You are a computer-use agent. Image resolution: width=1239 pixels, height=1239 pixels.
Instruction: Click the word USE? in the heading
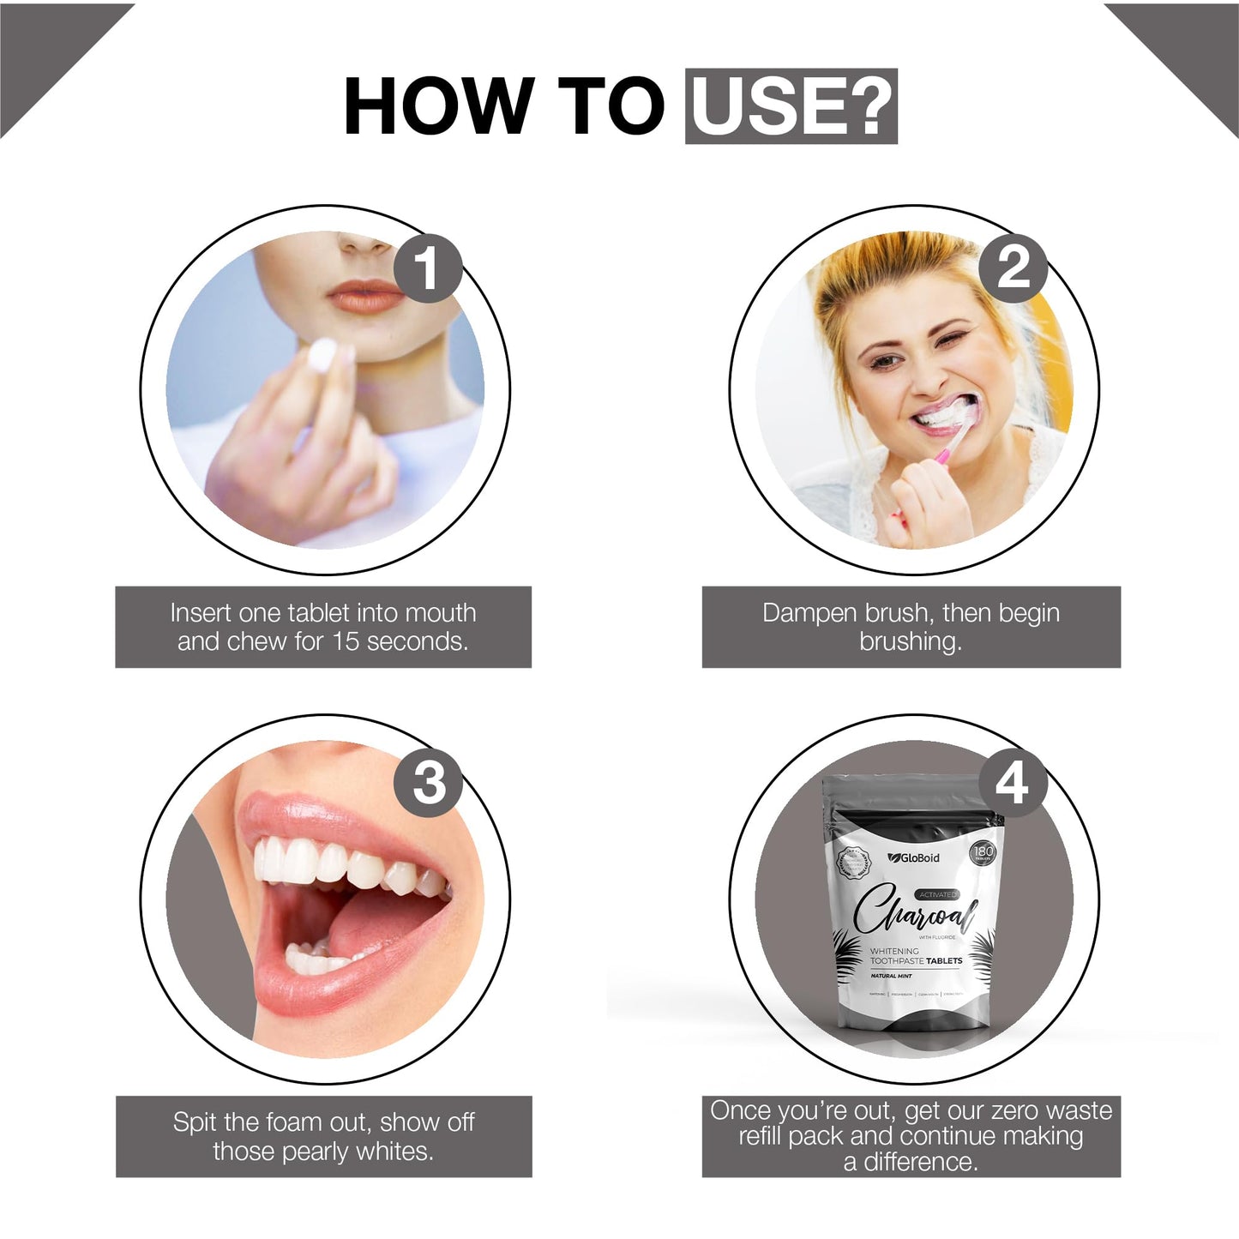[791, 106]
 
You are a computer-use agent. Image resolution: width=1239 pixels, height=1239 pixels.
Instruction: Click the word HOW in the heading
[437, 106]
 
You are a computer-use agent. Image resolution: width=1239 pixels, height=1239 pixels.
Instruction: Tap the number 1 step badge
[428, 268]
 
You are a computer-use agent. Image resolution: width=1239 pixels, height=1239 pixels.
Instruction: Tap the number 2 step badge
[1013, 268]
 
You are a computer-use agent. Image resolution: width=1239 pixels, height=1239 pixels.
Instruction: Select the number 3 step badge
[428, 782]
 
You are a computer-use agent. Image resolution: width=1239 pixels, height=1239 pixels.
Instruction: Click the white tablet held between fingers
[322, 354]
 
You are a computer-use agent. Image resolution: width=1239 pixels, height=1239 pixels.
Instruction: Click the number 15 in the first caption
[345, 641]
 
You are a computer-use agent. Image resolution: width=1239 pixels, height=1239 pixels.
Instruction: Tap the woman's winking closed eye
[957, 337]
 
